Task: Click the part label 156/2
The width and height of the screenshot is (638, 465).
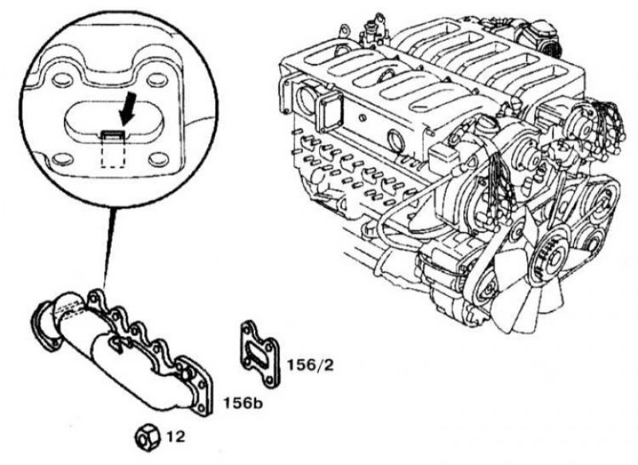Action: pos(310,365)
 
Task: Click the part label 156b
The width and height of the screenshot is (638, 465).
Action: pos(242,403)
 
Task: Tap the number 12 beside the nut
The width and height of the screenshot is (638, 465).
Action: pos(175,437)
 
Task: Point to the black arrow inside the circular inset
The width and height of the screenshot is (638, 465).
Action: pos(128,108)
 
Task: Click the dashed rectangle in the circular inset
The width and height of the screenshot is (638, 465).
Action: pos(113,151)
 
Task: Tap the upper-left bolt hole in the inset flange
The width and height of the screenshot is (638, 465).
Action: pos(61,80)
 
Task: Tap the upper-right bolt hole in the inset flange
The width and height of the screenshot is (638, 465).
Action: pos(156,80)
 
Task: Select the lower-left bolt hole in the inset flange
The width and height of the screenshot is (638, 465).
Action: pos(62,159)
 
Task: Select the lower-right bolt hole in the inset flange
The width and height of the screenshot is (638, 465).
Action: pos(158,159)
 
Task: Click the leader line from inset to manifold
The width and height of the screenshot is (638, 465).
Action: pos(108,249)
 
